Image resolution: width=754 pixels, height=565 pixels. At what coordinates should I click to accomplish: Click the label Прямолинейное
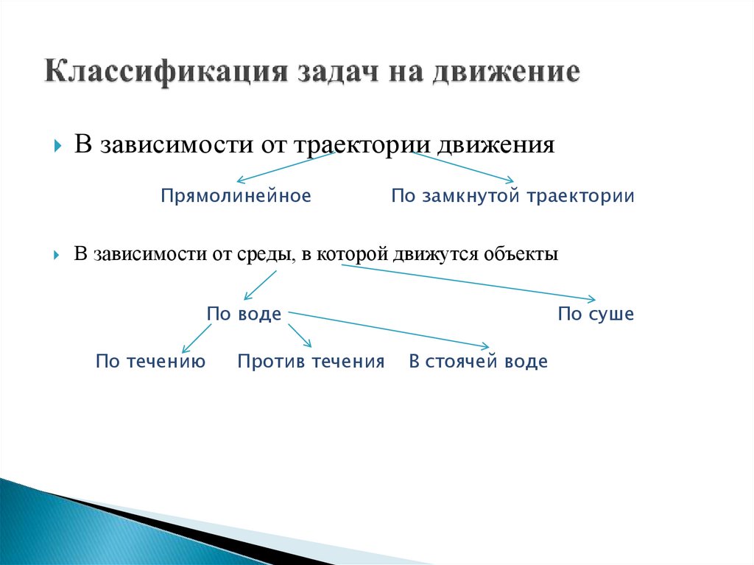tap(236, 196)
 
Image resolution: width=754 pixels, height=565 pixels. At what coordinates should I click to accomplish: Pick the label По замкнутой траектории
tap(512, 196)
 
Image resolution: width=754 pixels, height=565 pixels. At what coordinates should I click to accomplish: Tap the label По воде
tap(244, 315)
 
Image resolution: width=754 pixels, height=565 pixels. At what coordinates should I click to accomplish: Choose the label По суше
tap(595, 315)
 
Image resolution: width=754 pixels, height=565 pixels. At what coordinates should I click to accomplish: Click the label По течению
tap(150, 362)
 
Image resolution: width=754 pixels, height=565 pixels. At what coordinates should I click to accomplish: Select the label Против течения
tap(311, 362)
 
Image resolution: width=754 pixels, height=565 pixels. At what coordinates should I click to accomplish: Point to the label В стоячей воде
tap(478, 362)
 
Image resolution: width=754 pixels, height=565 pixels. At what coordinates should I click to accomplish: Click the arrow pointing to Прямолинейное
tap(285, 166)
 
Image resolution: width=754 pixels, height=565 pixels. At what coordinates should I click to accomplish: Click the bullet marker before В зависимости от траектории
tap(57, 145)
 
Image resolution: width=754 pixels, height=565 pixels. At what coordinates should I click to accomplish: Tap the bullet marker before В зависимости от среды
tap(57, 255)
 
